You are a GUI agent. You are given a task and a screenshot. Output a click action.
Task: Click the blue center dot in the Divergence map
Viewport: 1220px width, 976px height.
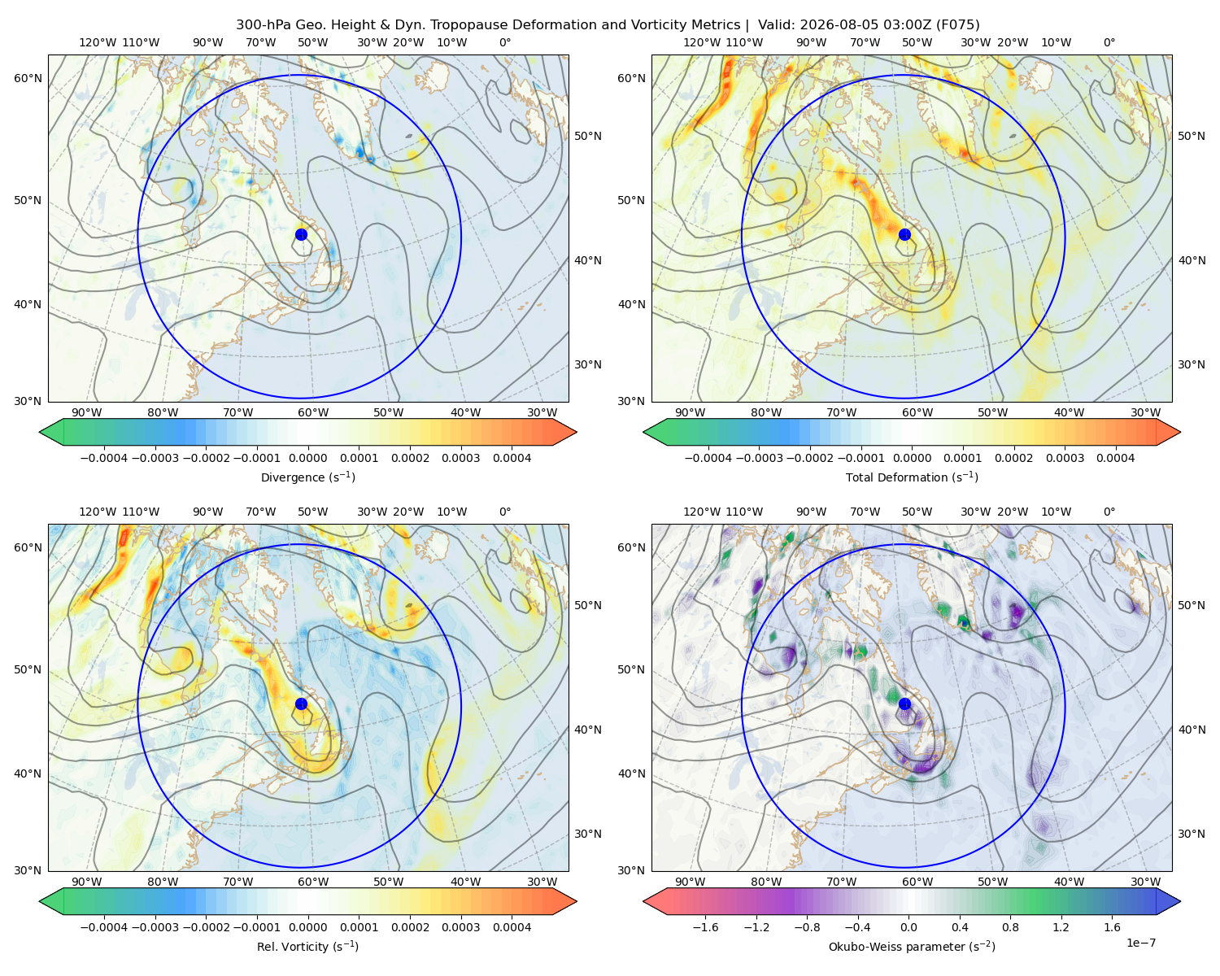[x=301, y=234]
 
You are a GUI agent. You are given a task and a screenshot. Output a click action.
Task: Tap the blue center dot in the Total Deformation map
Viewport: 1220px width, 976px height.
[x=904, y=234]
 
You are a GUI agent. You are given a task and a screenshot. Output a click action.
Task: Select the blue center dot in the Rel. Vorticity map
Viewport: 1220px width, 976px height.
[x=301, y=704]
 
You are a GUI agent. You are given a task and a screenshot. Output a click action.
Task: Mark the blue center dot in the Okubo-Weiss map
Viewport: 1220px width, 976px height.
[x=904, y=704]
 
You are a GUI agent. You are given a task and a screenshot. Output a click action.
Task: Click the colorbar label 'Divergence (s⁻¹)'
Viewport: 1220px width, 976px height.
[x=307, y=477]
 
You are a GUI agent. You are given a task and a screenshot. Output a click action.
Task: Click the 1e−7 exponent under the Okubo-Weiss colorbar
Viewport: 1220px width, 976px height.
[x=1140, y=943]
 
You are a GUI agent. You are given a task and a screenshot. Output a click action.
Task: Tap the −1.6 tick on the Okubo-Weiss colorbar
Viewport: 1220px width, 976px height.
[x=705, y=926]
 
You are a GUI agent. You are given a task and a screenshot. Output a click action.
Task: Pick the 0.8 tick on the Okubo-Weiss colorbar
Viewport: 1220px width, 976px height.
[x=1010, y=926]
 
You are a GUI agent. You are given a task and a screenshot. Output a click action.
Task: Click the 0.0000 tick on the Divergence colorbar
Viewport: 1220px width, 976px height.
[x=307, y=458]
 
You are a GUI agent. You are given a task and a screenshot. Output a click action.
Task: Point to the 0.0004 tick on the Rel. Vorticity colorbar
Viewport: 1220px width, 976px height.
[x=512, y=926]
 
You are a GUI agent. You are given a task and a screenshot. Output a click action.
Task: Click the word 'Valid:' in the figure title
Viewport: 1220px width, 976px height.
[x=776, y=25]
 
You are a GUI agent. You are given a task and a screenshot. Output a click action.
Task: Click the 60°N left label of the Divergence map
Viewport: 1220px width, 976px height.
[x=28, y=78]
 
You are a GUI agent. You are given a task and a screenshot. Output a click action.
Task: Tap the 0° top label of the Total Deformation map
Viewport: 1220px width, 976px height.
[x=1109, y=42]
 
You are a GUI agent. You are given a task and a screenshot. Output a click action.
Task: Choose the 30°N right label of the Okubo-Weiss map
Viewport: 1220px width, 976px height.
[x=1191, y=833]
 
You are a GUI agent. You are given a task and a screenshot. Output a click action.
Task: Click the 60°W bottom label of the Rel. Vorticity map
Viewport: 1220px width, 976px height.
[x=313, y=882]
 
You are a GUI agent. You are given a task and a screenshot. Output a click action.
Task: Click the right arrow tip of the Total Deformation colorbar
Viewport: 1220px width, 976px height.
[x=1180, y=432]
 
